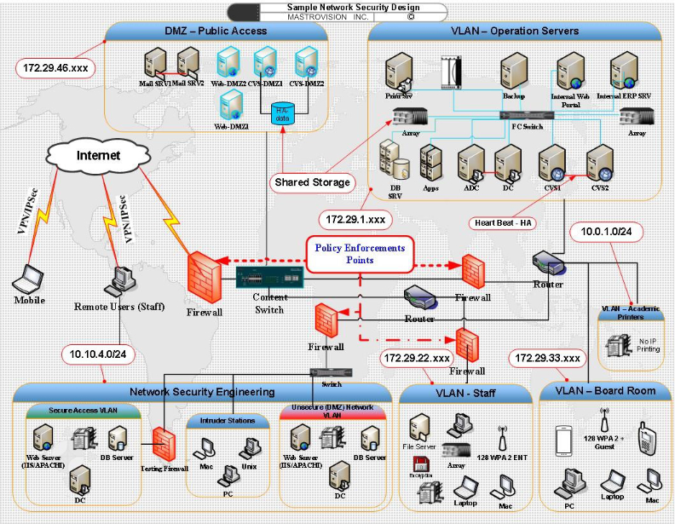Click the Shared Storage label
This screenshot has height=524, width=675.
[312, 181]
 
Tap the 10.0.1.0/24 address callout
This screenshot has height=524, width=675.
[606, 231]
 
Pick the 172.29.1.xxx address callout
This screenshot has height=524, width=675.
[357, 219]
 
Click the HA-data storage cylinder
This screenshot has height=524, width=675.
[281, 113]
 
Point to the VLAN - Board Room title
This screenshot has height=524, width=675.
[605, 391]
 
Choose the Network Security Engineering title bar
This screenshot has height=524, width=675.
[202, 392]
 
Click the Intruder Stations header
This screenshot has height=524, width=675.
[228, 421]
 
